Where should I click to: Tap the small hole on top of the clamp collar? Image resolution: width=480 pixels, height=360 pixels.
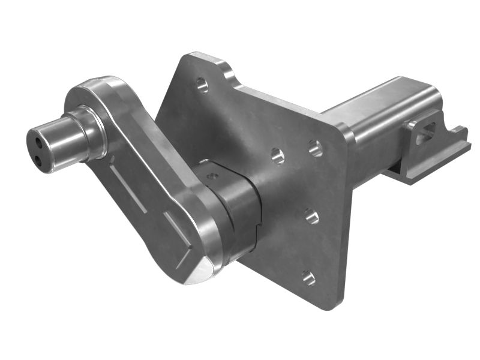click(211, 177)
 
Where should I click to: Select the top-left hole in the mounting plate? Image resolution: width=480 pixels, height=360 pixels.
click(202, 85)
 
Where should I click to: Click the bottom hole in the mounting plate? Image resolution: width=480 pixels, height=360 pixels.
click(308, 277)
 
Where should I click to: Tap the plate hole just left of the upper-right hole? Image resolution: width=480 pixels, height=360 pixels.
click(278, 156)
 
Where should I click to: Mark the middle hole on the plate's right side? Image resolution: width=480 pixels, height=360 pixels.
click(311, 216)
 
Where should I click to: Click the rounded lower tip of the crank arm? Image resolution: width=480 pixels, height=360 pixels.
click(195, 270)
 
